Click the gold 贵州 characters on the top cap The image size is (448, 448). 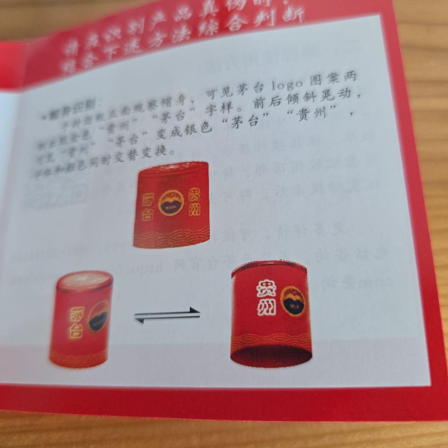point(196,202)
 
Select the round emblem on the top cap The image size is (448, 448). point(171,203)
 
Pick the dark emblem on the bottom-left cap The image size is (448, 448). point(99,316)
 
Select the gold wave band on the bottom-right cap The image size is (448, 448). point(270,339)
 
